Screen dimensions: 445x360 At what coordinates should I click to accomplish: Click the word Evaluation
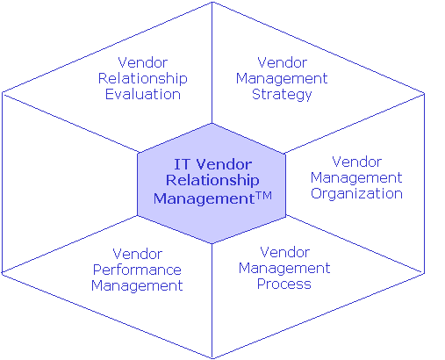click(143, 94)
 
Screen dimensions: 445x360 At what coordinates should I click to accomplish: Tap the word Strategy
click(282, 95)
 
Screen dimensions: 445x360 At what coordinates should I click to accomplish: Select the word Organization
click(356, 194)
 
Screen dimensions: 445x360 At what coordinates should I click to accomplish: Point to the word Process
click(284, 284)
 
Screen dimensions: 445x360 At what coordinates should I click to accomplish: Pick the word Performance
click(137, 270)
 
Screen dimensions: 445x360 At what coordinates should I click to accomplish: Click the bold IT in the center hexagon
click(182, 164)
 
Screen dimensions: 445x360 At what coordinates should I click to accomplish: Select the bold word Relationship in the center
click(212, 180)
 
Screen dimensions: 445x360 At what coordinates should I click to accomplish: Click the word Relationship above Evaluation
click(143, 78)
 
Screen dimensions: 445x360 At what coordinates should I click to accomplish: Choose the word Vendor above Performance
click(138, 254)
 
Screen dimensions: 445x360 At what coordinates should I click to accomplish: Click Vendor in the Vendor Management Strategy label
click(283, 62)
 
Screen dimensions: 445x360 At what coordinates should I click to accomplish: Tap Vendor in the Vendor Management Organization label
click(357, 162)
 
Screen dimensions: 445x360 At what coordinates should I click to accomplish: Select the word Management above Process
click(284, 269)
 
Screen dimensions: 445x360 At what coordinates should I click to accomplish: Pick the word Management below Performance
click(137, 286)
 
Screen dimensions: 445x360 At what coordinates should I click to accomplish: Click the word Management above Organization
click(356, 178)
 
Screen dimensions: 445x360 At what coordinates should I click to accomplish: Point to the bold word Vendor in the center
click(224, 164)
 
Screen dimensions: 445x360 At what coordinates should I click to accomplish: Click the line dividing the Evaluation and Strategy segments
click(212, 62)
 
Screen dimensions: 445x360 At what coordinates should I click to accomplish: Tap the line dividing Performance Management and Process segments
click(212, 300)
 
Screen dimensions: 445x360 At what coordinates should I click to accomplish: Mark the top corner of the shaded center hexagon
click(212, 124)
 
